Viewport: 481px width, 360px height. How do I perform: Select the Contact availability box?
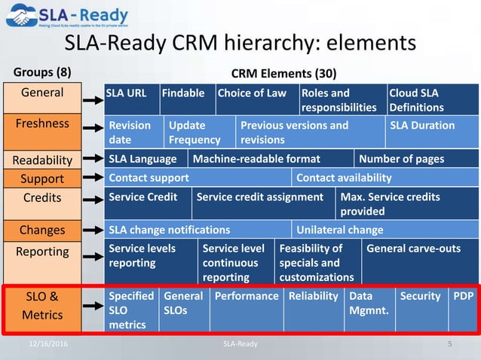tap(385, 178)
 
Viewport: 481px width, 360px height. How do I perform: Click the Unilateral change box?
tap(385, 230)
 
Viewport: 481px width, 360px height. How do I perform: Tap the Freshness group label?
tap(42, 122)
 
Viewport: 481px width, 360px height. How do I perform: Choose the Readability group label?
tap(42, 160)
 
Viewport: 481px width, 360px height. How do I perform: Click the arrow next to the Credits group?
tap(93, 200)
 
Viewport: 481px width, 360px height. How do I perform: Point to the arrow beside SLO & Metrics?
tap(93, 307)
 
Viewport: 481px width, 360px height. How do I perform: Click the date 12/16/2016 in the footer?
tap(47, 343)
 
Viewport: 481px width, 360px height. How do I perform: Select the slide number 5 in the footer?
tap(449, 343)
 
